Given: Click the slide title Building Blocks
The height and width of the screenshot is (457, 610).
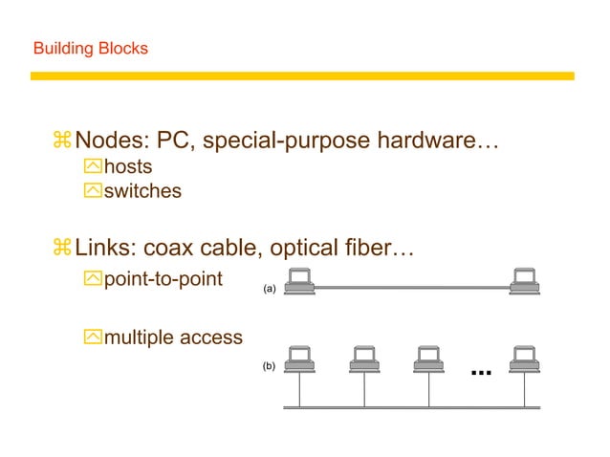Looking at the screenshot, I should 91,47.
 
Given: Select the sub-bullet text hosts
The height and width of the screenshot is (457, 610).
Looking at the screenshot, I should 128,167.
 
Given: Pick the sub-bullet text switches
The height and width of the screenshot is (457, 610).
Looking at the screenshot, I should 142,190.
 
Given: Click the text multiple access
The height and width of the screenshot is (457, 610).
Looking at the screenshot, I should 173,337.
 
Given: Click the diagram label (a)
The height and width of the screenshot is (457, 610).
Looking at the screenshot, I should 269,287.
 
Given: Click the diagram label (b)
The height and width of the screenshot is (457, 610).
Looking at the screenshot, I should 269,366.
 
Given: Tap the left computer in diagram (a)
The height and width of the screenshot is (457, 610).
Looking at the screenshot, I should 300,282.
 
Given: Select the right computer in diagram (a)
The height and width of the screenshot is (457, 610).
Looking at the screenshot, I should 523,282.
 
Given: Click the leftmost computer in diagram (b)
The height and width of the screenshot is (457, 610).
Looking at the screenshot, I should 300,360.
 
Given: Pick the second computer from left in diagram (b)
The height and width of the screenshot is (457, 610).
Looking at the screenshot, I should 363,360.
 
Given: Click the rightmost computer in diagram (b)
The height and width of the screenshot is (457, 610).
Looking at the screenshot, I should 523,360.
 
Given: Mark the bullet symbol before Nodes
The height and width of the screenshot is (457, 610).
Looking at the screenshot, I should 62,141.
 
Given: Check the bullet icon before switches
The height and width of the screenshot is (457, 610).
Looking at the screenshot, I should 92,190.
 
